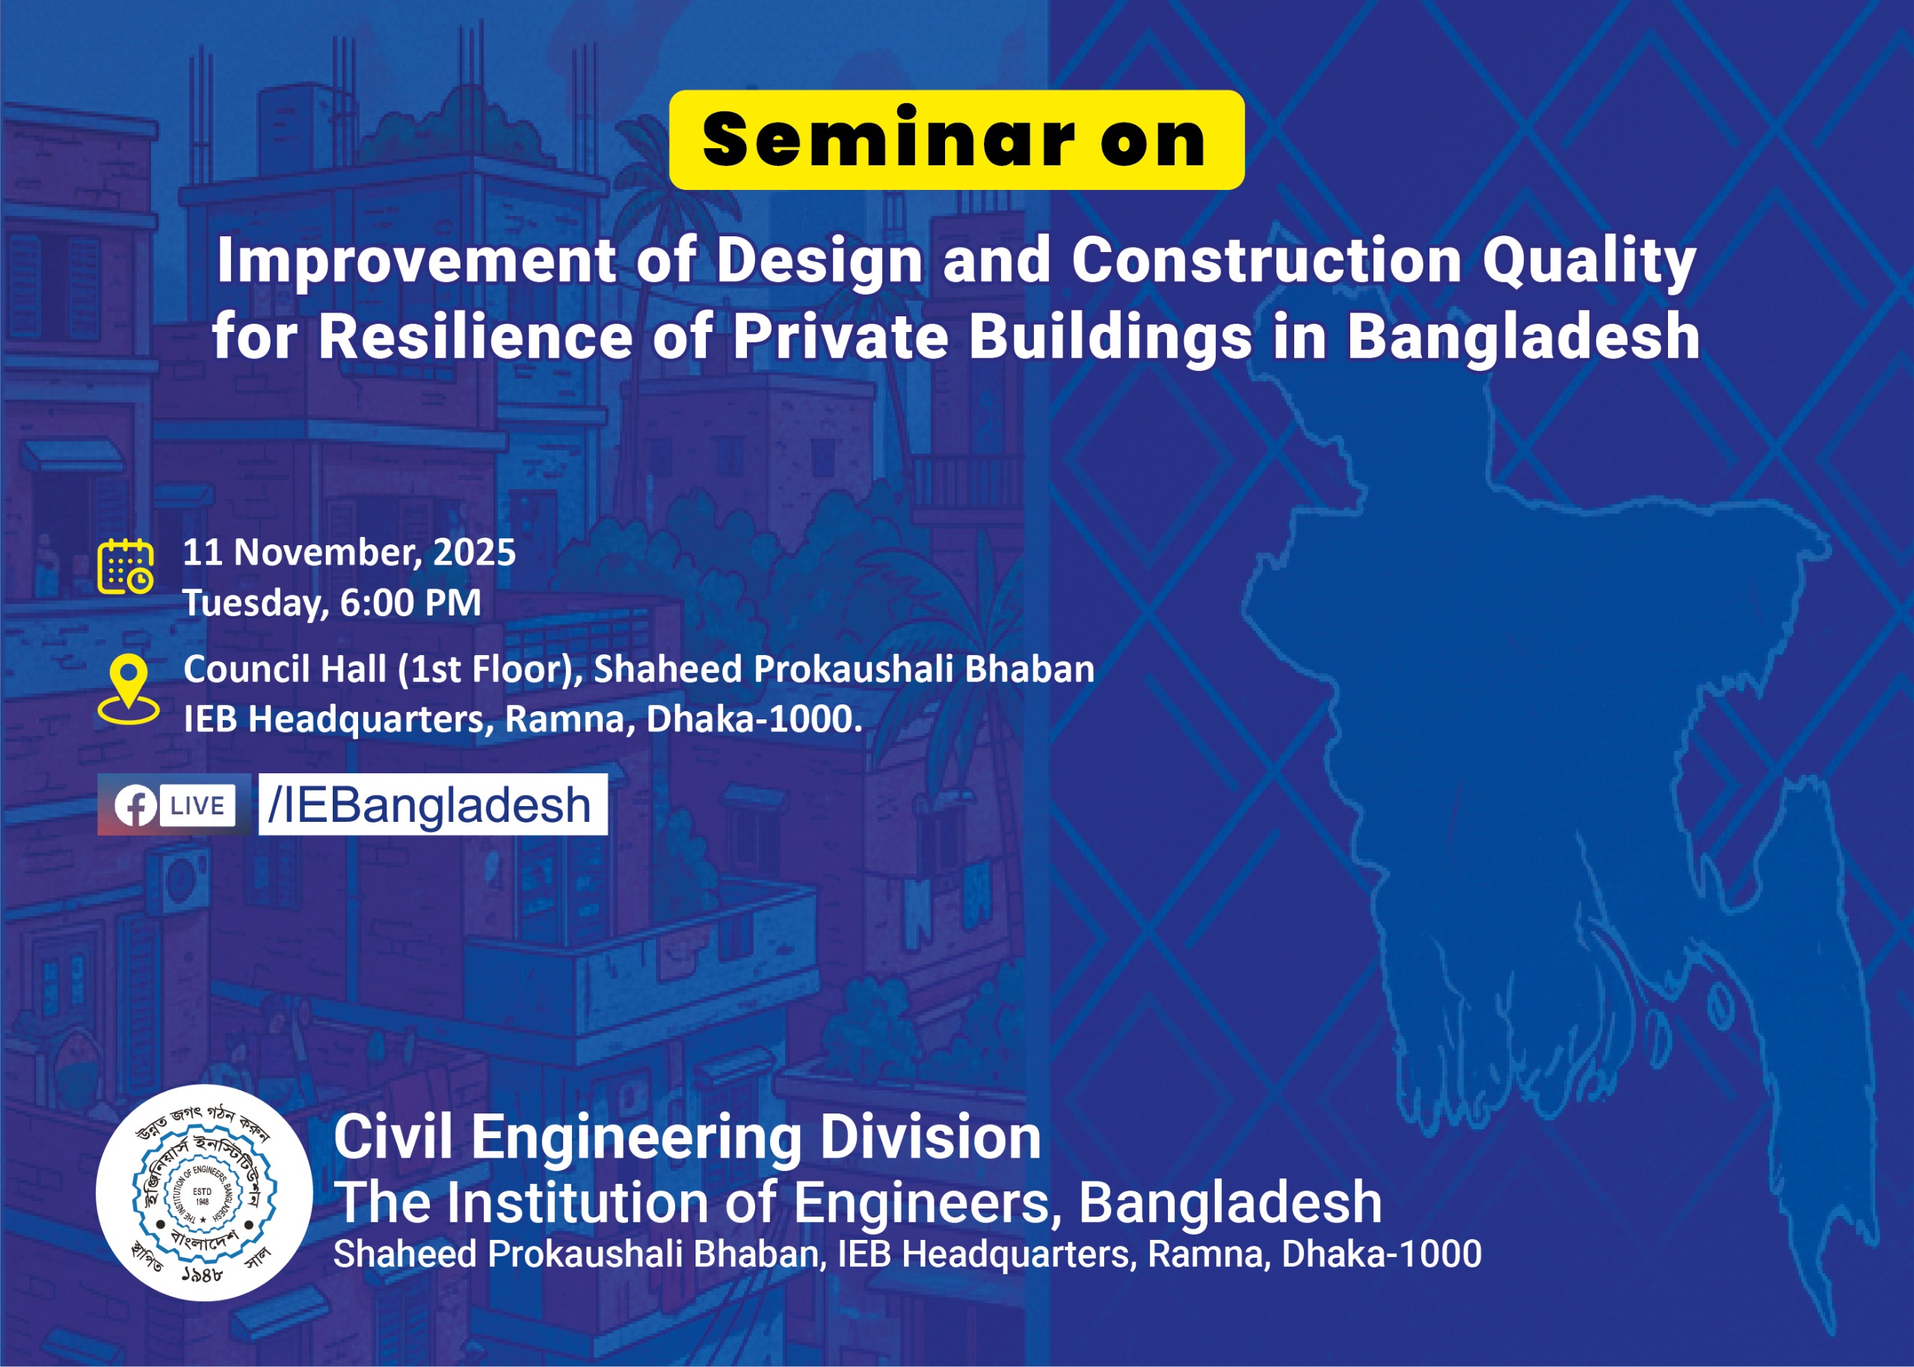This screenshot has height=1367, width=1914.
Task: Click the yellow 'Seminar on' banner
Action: click(x=956, y=140)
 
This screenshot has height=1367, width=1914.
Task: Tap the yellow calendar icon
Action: click(x=126, y=567)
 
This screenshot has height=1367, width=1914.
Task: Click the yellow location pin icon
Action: click(x=128, y=690)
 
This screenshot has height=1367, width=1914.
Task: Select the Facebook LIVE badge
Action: click(x=174, y=805)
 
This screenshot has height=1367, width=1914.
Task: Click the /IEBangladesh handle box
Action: click(x=432, y=805)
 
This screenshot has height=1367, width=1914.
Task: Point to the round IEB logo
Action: click(x=203, y=1193)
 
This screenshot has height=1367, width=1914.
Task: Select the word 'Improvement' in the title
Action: click(x=416, y=261)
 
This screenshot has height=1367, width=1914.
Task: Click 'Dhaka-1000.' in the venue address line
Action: click(x=754, y=719)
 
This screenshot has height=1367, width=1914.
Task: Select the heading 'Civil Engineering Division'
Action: click(x=687, y=1137)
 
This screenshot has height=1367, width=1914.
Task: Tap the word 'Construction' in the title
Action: click(x=1267, y=261)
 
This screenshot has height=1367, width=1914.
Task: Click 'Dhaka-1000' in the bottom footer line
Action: click(x=1382, y=1254)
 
